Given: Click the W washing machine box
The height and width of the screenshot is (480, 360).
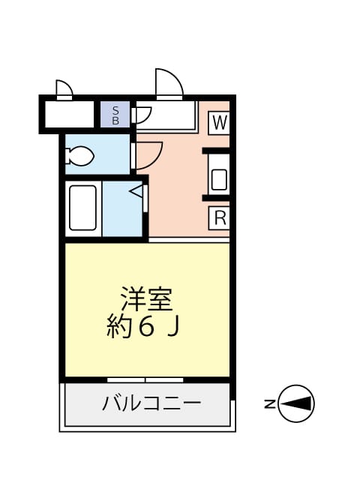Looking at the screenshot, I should click(x=219, y=123).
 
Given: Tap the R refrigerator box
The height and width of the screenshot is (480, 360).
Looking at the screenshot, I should click(x=219, y=218).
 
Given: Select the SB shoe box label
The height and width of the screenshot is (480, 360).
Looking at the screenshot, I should click(x=115, y=116).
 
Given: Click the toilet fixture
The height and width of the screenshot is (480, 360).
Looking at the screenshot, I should click(x=79, y=157).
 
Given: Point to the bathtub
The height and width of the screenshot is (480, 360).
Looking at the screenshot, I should click(x=82, y=207).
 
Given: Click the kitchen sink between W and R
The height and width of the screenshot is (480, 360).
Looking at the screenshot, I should click(x=219, y=178).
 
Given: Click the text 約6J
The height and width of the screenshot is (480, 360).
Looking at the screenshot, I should click(x=146, y=327).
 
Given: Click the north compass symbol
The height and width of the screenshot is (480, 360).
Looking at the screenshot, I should click(x=296, y=403).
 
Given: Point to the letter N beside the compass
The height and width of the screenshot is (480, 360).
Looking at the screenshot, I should click(x=268, y=403).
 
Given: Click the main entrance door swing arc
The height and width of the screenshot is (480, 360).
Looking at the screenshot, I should click(x=169, y=82).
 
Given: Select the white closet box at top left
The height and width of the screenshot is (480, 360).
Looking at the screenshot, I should click(x=68, y=115).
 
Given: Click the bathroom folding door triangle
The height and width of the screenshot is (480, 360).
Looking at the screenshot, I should click(x=137, y=193).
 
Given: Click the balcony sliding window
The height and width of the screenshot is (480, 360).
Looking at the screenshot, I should click(x=145, y=379).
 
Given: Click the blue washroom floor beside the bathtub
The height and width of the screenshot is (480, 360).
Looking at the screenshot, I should click(x=120, y=214).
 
